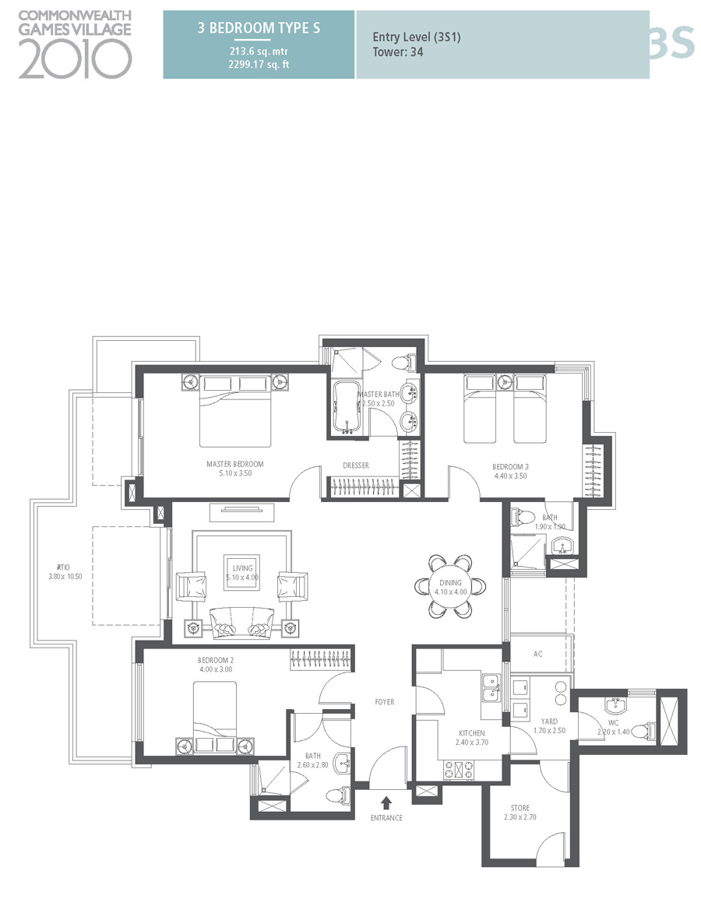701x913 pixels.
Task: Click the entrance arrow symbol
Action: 386,802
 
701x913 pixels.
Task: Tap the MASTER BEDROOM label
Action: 234,464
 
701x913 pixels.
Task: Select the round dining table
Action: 450,586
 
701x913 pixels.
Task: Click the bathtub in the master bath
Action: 343,406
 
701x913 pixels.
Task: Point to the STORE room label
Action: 520,808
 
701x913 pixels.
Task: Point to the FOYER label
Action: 384,702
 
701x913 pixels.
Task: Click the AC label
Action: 537,655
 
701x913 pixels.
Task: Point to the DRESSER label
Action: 355,465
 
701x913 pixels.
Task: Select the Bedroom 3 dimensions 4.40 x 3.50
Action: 510,476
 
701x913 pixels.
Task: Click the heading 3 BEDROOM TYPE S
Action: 259,29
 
